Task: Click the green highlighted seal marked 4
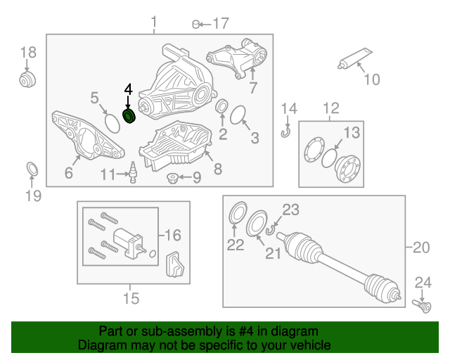pyautogui.click(x=129, y=116)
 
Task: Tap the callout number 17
pyautogui.click(x=221, y=23)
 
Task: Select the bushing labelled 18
pyautogui.click(x=27, y=79)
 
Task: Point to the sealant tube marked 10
pyautogui.click(x=354, y=58)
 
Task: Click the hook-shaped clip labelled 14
pyautogui.click(x=286, y=132)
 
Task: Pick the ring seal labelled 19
pyautogui.click(x=32, y=169)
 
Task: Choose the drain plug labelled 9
pyautogui.click(x=172, y=178)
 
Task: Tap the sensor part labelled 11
pyautogui.click(x=133, y=172)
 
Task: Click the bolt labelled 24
pyautogui.click(x=422, y=307)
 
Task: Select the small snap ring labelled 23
pyautogui.click(x=269, y=230)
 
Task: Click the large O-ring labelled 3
pyautogui.click(x=238, y=115)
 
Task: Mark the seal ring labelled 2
pyautogui.click(x=221, y=106)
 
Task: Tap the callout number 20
pyautogui.click(x=421, y=247)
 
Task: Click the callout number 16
pyautogui.click(x=173, y=235)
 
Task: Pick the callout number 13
pyautogui.click(x=352, y=133)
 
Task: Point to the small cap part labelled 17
pyautogui.click(x=195, y=25)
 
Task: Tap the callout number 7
pyautogui.click(x=253, y=88)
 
